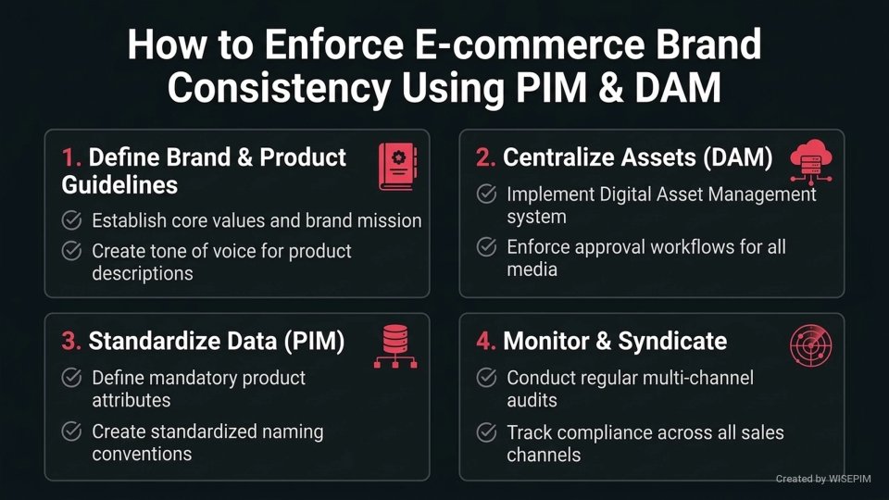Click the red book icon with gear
[x=396, y=167]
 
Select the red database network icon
[x=396, y=347]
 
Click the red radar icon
[x=811, y=347]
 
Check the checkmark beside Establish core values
[x=70, y=220]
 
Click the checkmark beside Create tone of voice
[x=70, y=251]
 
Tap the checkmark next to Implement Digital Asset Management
[x=485, y=194]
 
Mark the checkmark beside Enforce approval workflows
[x=485, y=247]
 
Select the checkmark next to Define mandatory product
[x=70, y=378]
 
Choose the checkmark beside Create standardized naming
[x=70, y=431]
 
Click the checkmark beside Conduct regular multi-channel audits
[x=485, y=378]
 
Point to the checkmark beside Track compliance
[x=485, y=432]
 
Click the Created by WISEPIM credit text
[x=827, y=479]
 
